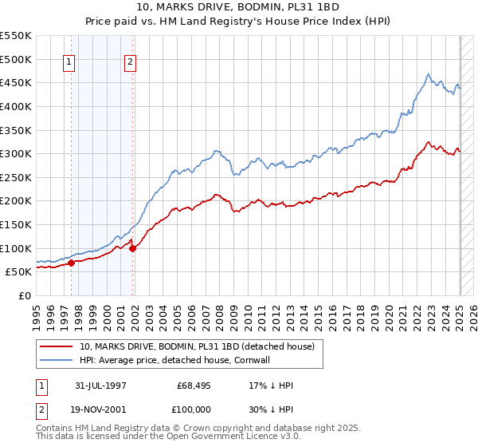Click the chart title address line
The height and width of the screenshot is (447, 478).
click(240, 7)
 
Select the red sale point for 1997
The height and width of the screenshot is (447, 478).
click(71, 262)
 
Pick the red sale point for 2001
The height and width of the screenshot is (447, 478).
click(132, 247)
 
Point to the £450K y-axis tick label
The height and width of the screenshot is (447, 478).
click(16, 82)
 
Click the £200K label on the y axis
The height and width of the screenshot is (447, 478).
click(16, 200)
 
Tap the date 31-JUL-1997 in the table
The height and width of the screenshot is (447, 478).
click(100, 386)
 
